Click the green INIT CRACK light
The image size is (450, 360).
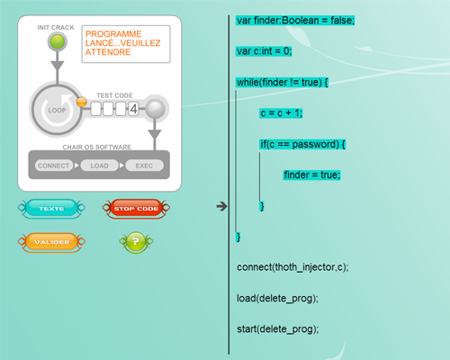click(x=58, y=41)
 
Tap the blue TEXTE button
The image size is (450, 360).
click(x=51, y=208)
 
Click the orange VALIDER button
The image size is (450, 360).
click(x=51, y=242)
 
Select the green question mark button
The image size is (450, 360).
click(x=136, y=242)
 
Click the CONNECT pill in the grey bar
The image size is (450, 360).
click(x=54, y=166)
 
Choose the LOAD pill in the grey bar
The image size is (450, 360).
click(x=100, y=166)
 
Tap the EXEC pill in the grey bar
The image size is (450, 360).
click(x=144, y=166)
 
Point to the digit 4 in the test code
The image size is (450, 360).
click(x=133, y=109)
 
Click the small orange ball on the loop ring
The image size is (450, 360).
click(x=82, y=102)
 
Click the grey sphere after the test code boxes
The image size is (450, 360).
click(x=155, y=109)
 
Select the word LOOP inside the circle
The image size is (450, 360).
click(x=57, y=110)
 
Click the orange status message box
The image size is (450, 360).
click(x=126, y=44)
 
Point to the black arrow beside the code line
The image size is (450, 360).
click(x=221, y=206)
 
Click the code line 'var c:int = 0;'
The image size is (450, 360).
click(x=264, y=51)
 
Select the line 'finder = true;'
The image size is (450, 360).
click(x=312, y=175)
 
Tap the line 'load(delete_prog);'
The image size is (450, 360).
click(x=277, y=299)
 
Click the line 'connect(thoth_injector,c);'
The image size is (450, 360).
click(x=292, y=267)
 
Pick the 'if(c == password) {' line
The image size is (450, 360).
click(x=302, y=144)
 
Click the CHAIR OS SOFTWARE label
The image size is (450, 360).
click(x=96, y=147)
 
